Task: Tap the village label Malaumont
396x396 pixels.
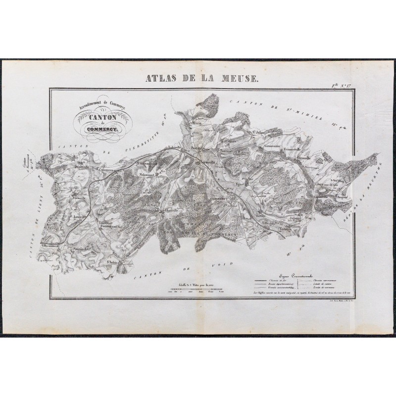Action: click(x=148, y=174)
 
